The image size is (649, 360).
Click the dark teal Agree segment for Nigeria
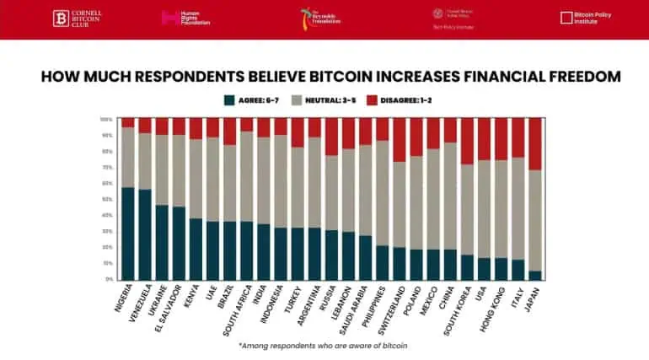pos(128,233)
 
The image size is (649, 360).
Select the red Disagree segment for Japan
pos(535,143)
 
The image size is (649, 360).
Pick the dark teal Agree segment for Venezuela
pos(145,234)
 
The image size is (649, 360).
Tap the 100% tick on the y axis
pos(106,119)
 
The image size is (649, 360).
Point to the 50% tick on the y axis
pos(107,199)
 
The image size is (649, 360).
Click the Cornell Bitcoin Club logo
pos(80,18)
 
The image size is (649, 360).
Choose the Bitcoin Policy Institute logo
pos(587,18)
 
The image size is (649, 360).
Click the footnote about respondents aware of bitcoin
pos(324,346)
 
